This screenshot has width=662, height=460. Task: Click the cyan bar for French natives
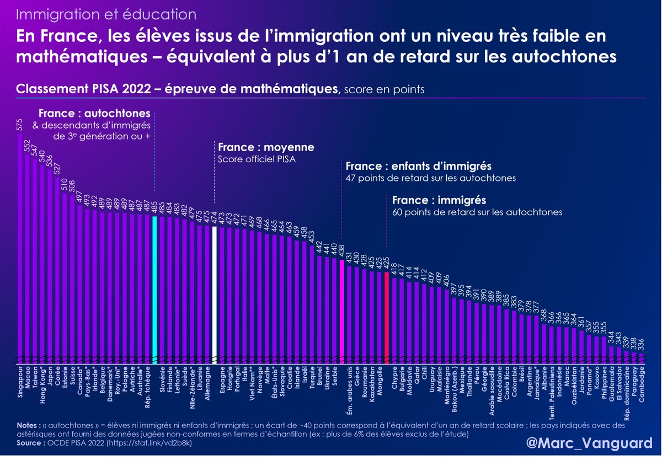click(155, 287)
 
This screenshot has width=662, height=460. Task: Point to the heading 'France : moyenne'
click(266, 148)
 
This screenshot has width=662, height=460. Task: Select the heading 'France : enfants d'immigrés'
click(418, 166)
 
